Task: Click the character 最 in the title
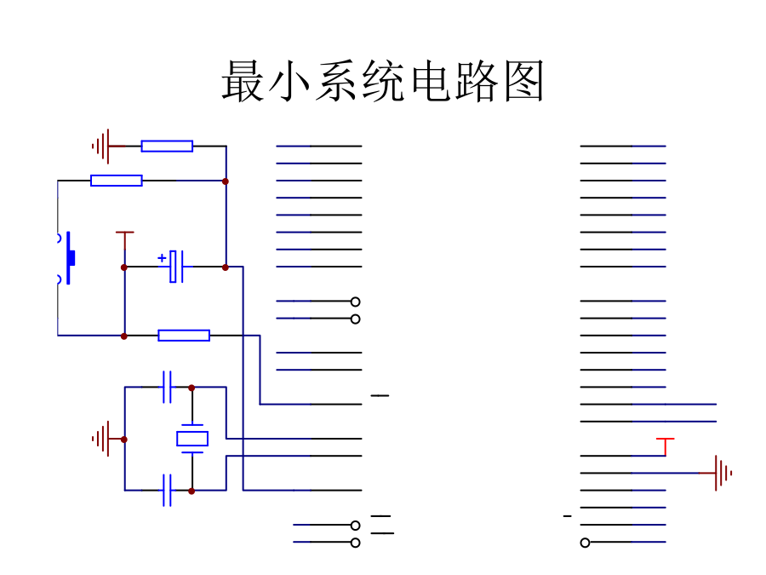[x=243, y=82]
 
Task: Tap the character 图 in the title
[x=523, y=82]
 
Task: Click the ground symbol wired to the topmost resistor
[x=102, y=147]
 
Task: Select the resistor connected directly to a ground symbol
[x=167, y=147]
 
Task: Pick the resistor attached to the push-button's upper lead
[x=116, y=181]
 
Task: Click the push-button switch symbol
[x=69, y=257]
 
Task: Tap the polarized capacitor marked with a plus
[x=176, y=267]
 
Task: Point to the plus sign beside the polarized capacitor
[x=162, y=256]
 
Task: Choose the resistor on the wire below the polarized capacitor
[x=184, y=336]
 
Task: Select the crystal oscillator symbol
[x=191, y=439]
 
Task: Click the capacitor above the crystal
[x=167, y=387]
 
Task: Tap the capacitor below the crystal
[x=167, y=491]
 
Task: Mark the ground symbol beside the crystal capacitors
[x=102, y=439]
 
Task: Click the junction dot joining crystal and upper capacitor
[x=191, y=388]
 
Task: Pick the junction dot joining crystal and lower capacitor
[x=191, y=491]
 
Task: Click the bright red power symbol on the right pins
[x=665, y=443]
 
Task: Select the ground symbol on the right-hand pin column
[x=723, y=473]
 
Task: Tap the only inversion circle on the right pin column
[x=585, y=543]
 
